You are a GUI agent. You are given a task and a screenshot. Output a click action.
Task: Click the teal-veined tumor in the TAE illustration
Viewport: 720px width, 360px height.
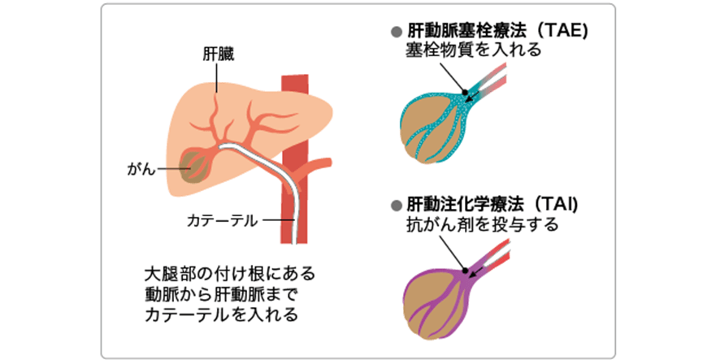click(432, 126)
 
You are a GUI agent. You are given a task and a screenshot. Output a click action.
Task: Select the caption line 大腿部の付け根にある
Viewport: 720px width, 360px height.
click(222, 271)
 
